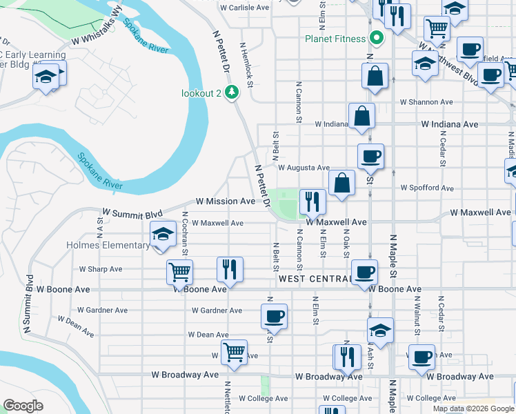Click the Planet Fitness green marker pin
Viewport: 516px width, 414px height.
(x=377, y=39)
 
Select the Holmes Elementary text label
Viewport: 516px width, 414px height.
(x=108, y=245)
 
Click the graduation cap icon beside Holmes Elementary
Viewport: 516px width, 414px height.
(x=163, y=235)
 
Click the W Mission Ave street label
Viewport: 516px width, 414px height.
(x=225, y=201)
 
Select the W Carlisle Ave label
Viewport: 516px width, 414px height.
(x=244, y=8)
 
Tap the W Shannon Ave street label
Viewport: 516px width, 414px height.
(x=427, y=101)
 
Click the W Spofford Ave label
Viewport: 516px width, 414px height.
(x=428, y=188)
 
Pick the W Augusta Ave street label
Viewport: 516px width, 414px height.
(x=304, y=167)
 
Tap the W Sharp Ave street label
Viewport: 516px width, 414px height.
(x=100, y=269)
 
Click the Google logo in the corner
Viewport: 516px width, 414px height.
(x=23, y=405)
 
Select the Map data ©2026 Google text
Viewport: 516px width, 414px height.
(x=473, y=408)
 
